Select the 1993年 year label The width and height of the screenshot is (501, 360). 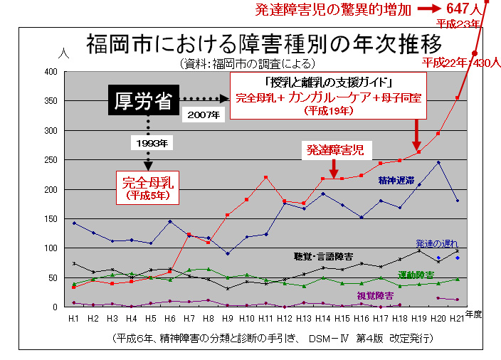click(x=151, y=144)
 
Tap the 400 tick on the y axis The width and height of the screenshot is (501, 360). click(x=51, y=72)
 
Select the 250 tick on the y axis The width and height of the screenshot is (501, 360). click(x=51, y=160)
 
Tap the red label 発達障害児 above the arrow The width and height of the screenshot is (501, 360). click(x=335, y=151)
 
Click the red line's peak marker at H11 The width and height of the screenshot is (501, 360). click(x=265, y=177)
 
